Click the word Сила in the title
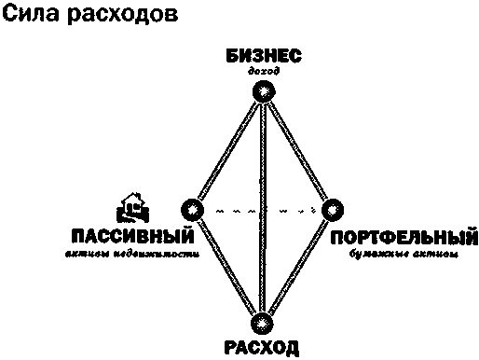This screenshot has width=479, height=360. [x=29, y=17]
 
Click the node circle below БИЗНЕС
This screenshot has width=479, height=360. [x=266, y=91]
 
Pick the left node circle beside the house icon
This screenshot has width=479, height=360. [x=191, y=208]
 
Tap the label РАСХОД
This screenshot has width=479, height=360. [x=262, y=349]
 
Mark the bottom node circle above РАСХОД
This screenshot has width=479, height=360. [x=265, y=324]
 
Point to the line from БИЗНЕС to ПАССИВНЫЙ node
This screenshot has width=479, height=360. [x=228, y=149]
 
